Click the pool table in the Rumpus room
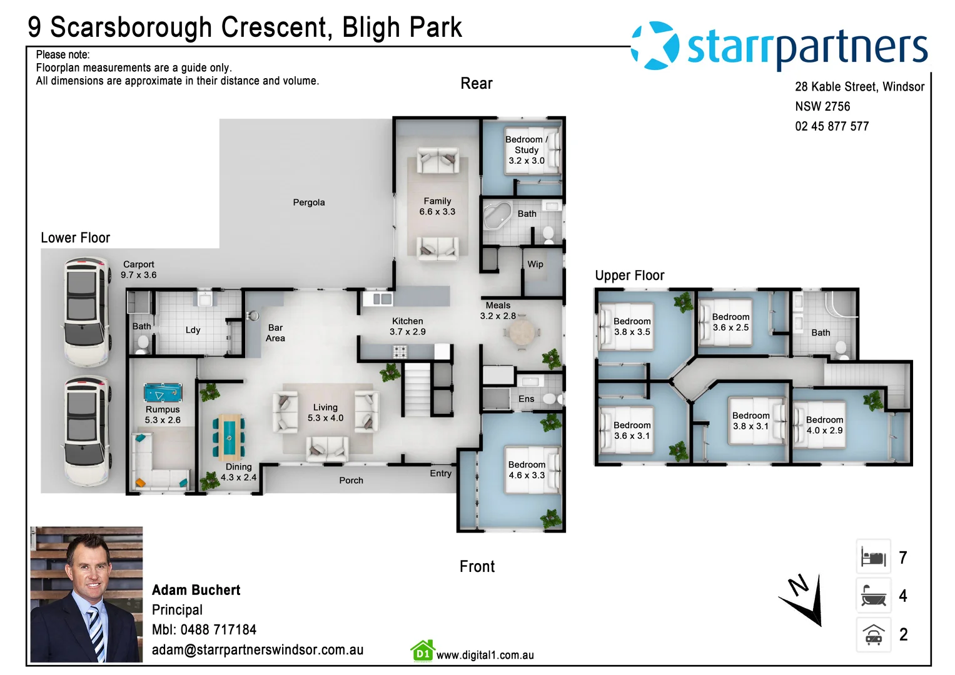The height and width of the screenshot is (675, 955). pos(163,392)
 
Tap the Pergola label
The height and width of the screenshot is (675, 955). pos(309,202)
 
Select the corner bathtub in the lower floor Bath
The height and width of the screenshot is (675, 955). pos(498,216)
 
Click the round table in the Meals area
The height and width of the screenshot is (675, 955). pos(522,332)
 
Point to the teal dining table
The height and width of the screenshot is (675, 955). pos(229,437)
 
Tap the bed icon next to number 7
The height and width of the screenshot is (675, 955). pos(873,556)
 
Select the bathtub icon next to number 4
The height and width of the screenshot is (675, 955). pos(873,595)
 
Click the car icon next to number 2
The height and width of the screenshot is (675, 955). pos(873,634)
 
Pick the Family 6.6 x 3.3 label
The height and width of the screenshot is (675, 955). pos(437,206)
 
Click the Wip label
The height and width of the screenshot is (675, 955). pos(535,264)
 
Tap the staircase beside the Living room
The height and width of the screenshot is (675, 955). pos(417,389)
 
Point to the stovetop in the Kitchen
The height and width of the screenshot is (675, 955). pos(400,351)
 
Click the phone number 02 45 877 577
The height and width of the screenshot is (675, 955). pos(832,126)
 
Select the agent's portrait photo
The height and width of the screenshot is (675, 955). pos(86,594)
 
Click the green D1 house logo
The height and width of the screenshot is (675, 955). pos(423,651)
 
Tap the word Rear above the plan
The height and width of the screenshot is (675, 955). pos(476,84)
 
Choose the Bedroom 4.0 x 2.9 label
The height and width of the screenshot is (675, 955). pos(824,425)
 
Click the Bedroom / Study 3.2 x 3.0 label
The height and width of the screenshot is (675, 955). pos(527,150)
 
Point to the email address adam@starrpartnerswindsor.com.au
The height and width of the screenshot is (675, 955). pos(258,650)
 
